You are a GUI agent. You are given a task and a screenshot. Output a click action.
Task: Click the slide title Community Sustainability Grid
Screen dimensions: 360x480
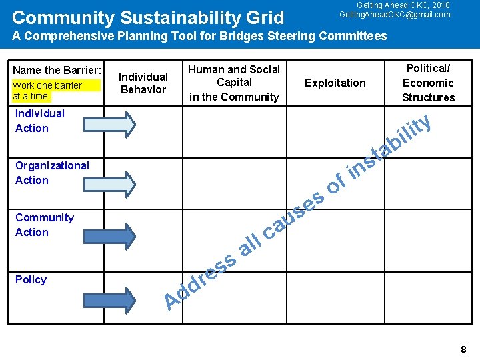[148, 17]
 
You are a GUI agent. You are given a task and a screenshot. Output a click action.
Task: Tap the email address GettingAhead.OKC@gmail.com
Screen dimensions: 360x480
[395, 15]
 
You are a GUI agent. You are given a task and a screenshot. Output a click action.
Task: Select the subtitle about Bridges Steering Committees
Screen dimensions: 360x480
[199, 36]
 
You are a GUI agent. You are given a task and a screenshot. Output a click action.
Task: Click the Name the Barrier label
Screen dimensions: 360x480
[57, 71]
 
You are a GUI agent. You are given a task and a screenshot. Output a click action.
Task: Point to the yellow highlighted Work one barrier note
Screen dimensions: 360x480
[56, 90]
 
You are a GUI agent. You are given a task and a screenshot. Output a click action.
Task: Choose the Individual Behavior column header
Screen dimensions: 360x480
[143, 83]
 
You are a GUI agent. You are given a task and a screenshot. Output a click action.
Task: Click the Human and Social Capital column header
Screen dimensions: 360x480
[234, 83]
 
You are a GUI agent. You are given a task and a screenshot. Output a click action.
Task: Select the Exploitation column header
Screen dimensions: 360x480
[335, 83]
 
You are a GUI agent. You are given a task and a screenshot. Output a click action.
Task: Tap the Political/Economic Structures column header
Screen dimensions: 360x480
[428, 83]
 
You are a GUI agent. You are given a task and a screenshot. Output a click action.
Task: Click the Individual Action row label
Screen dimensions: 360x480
[40, 121]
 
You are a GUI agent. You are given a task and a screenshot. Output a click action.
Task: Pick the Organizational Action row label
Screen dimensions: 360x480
[52, 173]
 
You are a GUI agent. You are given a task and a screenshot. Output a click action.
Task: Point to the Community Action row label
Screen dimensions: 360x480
[45, 225]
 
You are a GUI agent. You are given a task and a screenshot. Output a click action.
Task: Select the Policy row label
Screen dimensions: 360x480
[31, 279]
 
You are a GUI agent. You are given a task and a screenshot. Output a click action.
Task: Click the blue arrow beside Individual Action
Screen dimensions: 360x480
[110, 123]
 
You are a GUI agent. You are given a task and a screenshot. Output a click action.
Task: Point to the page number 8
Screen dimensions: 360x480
[463, 349]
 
